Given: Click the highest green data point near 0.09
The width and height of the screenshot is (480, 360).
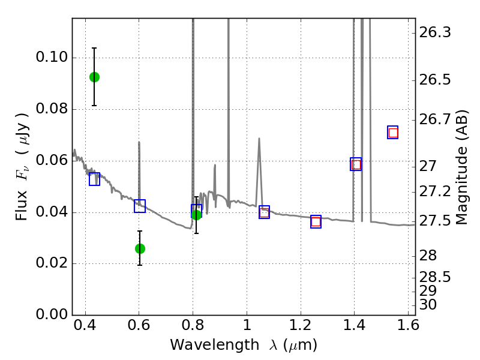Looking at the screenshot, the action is point(94,77).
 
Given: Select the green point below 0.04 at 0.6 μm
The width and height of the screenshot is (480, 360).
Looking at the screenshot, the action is point(140,248).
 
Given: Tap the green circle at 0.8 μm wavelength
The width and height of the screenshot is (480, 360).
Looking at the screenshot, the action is point(197,215).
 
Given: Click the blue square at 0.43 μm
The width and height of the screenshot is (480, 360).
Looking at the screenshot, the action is point(94,179).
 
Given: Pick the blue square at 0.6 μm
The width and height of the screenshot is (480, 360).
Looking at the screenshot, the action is point(140,206).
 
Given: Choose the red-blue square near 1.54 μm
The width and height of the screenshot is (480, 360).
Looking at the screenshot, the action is point(393,132).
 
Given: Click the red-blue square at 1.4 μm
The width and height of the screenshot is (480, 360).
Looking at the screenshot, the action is point(356,164).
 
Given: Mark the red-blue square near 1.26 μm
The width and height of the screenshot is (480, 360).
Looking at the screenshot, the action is point(316,221).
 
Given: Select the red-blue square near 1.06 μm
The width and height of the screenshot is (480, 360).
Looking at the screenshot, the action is point(264,212).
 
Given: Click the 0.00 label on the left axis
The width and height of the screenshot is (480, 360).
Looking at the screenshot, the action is point(52,314).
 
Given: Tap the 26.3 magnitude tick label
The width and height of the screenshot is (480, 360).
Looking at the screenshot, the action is point(434,32).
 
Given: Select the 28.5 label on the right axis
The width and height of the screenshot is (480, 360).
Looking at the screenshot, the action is point(434,277).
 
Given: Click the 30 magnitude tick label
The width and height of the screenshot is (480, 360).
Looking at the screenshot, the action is point(428,305).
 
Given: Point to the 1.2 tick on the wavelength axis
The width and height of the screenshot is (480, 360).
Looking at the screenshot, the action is point(301,325).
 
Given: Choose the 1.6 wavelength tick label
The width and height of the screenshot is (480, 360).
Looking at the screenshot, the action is point(408,325).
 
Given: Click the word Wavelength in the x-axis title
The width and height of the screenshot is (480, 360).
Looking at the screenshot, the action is point(215,345).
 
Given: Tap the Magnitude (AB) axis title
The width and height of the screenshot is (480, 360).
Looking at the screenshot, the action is point(461,167).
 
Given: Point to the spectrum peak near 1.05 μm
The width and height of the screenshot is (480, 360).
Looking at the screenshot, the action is point(259,139).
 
